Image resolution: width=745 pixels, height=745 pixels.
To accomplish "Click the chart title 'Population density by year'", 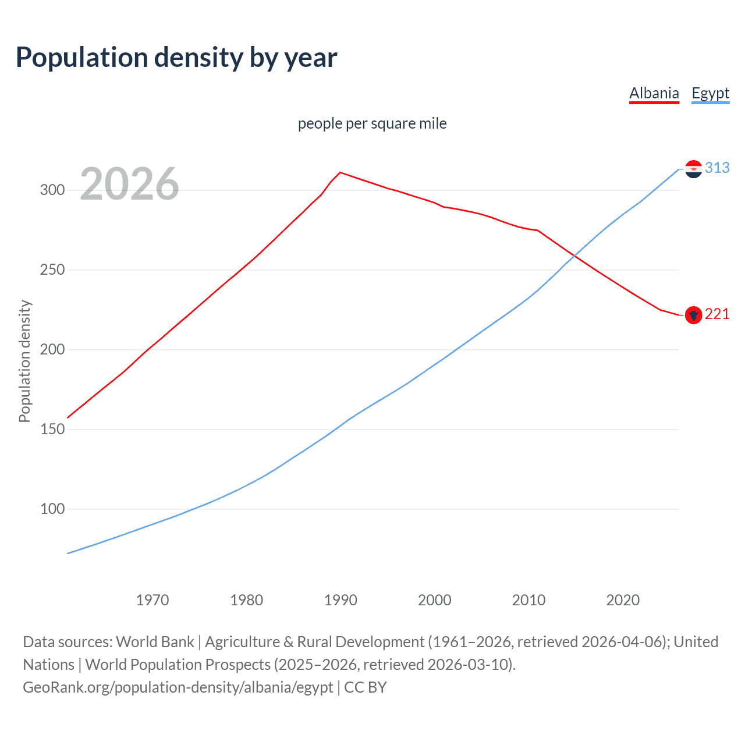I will coord(176,58).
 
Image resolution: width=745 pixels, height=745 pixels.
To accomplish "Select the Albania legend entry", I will coord(654,93).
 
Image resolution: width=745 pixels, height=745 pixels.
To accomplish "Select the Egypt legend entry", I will coord(710,93).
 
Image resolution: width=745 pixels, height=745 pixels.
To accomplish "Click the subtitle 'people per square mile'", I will coord(372,123).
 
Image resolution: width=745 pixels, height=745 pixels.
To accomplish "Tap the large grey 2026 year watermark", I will coord(129,184).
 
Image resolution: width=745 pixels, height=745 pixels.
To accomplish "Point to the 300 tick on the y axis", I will coord(52,190).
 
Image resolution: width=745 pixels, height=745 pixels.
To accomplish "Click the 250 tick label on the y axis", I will coord(52,270).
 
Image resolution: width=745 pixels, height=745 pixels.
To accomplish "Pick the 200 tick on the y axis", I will coord(52,350).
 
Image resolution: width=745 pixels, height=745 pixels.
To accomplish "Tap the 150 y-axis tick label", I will coord(52,430).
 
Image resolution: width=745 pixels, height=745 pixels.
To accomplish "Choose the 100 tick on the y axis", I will coord(52,509).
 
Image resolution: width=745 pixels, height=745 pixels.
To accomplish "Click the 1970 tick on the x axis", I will coord(152,600).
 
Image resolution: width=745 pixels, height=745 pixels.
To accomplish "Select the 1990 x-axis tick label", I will coord(340,600).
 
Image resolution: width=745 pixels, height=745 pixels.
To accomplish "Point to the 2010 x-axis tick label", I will coord(528,600).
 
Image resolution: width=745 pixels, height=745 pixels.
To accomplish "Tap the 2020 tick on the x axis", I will coord(623,600).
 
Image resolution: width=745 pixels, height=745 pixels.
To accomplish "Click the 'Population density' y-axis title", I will coord(24,361).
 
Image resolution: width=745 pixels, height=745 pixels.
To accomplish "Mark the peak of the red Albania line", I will coord(340,172).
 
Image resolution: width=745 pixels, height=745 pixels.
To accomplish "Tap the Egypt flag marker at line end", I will coord(693,169).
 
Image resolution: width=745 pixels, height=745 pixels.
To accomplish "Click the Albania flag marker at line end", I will coord(693,315).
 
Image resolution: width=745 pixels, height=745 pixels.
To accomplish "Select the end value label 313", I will coord(717,168).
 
